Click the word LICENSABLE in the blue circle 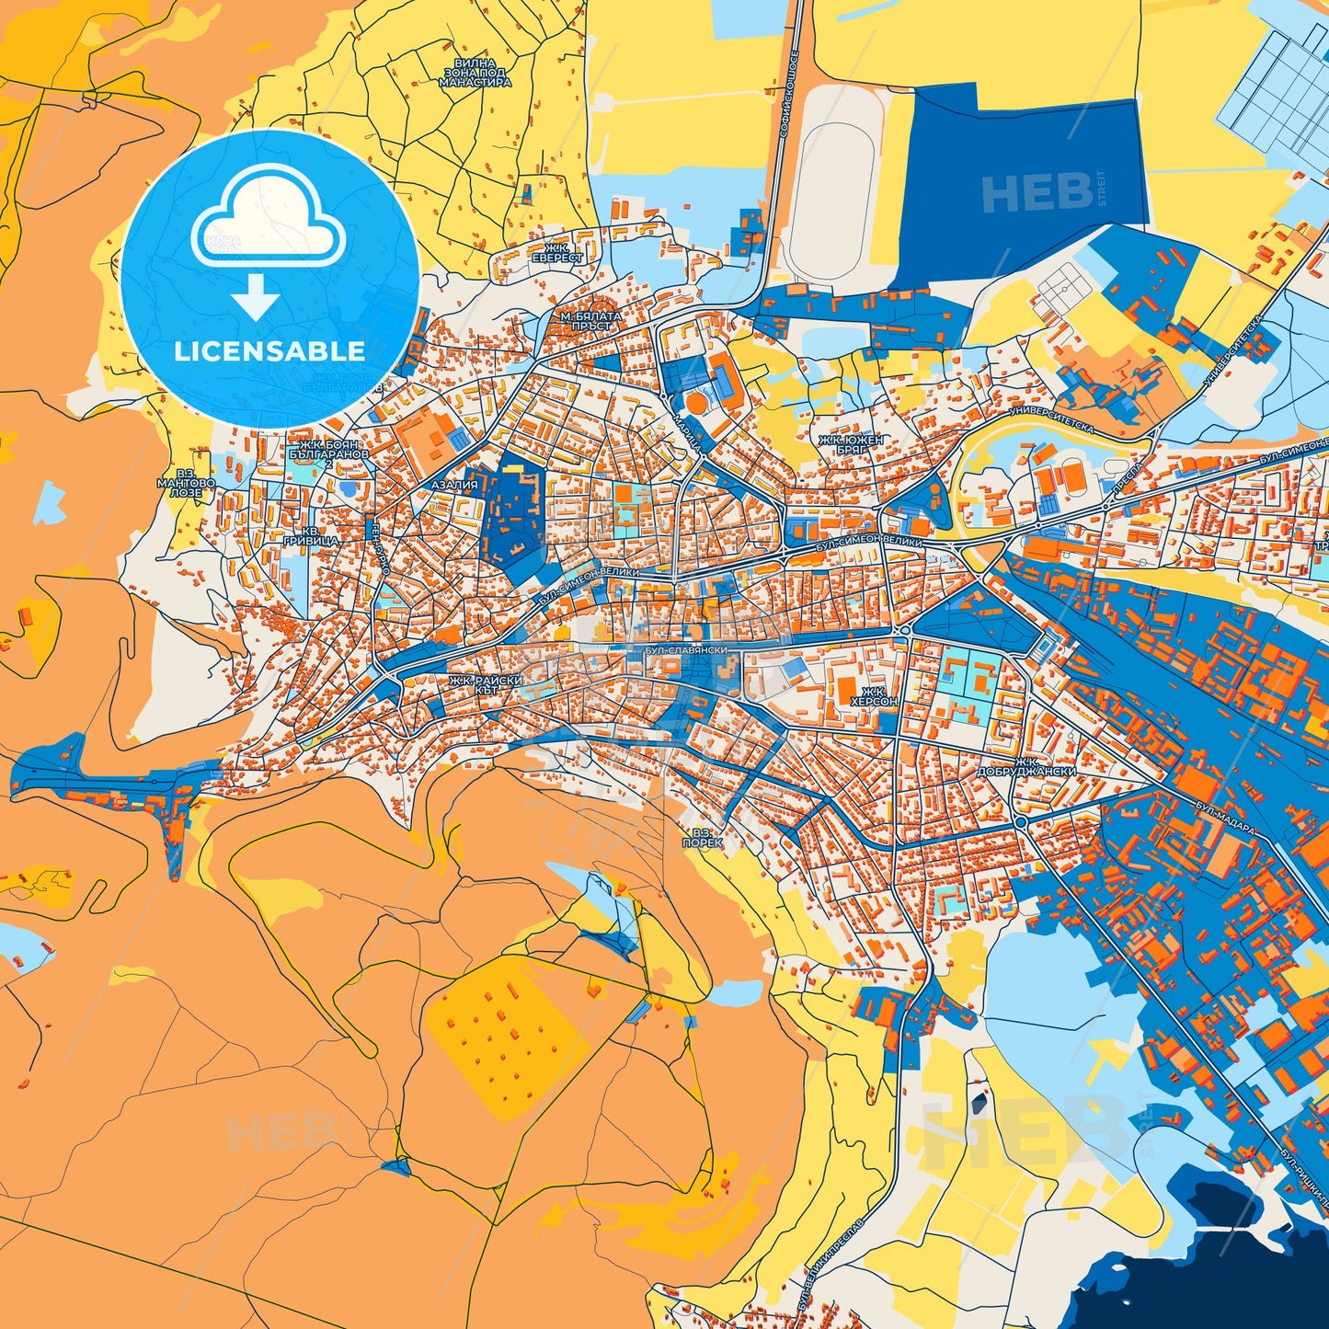coord(269,351)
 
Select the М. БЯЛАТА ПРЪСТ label coord(590,320)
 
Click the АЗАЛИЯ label coord(454,485)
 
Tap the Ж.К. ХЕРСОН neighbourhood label coord(873,695)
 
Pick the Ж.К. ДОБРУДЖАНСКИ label coord(1047,766)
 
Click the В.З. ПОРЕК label coord(703,837)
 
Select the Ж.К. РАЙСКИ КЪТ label coord(486,684)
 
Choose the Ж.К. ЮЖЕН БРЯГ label coord(852,445)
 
